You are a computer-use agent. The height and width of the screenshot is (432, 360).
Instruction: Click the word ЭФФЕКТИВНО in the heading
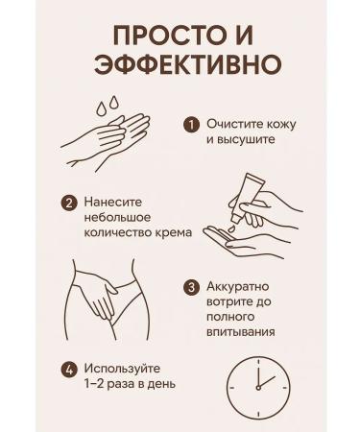(x=188, y=63)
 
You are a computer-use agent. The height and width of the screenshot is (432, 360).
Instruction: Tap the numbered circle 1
(x=191, y=125)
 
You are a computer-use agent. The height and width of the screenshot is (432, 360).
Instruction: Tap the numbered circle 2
(x=69, y=203)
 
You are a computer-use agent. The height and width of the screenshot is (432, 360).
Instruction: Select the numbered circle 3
(x=191, y=287)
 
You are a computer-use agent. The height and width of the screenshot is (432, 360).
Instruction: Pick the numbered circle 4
(x=69, y=370)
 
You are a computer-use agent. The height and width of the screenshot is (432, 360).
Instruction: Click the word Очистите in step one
(x=232, y=124)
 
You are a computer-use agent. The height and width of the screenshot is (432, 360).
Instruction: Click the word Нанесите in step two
(x=113, y=202)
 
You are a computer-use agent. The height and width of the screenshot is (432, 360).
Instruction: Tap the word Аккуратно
(x=238, y=286)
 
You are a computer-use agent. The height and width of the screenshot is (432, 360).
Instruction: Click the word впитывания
(x=241, y=332)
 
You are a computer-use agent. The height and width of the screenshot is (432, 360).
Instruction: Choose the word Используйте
(x=122, y=369)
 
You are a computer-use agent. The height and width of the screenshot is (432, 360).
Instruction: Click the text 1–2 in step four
(x=94, y=384)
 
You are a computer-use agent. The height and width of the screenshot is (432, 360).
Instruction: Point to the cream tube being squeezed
(x=249, y=197)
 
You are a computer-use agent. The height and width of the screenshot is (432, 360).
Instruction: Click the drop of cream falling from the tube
(x=231, y=228)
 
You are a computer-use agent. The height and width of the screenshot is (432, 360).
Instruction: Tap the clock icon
(x=258, y=387)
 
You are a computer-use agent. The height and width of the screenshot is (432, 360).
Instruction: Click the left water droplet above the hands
(x=102, y=108)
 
